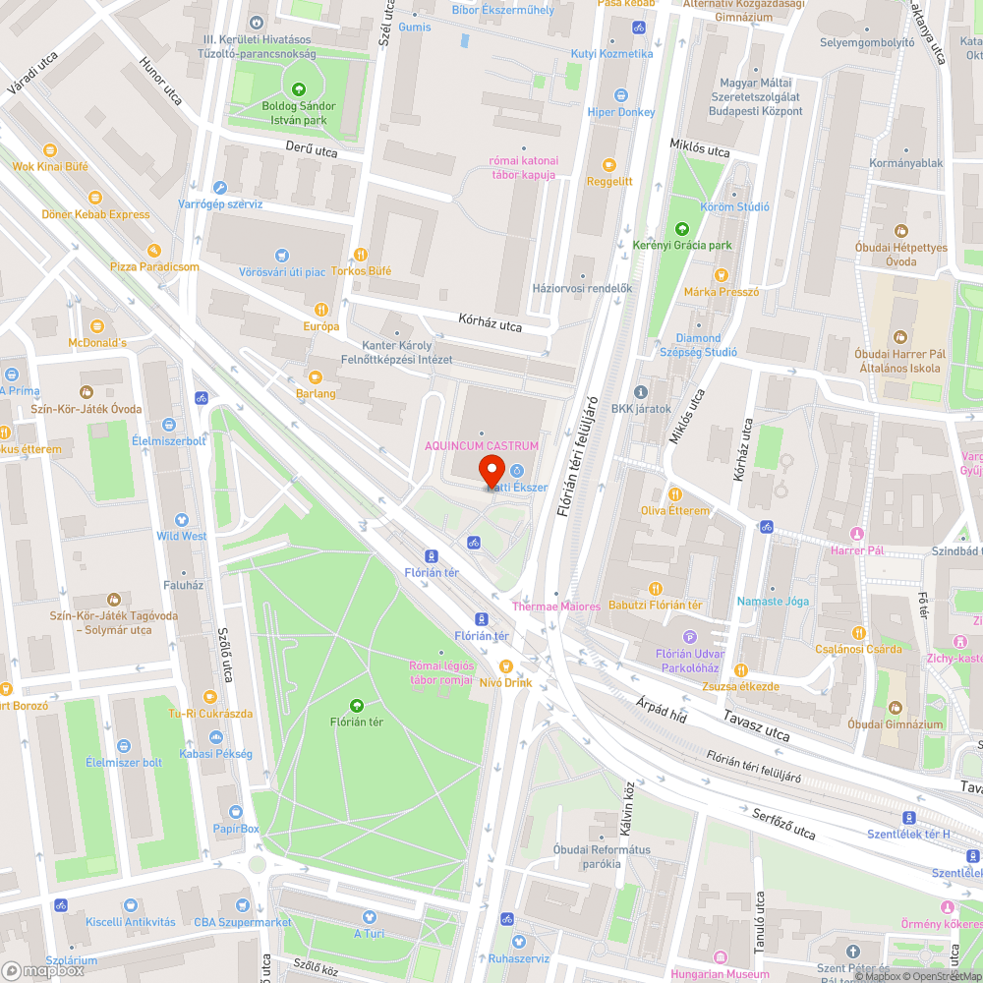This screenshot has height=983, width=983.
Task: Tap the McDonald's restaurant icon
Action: (x=95, y=325)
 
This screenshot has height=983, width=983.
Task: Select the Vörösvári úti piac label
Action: (x=281, y=271)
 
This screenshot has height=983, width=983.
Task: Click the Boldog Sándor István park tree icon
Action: (x=299, y=89)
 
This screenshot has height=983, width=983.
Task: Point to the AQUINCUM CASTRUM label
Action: (x=482, y=446)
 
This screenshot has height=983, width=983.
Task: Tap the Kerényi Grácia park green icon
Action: (x=682, y=228)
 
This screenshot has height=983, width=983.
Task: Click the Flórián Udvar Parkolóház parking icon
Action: (x=689, y=637)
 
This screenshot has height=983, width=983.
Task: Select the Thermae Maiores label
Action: (x=555, y=607)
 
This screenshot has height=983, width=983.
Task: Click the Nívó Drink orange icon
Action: (x=506, y=665)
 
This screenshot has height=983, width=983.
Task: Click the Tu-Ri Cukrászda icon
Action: (x=209, y=697)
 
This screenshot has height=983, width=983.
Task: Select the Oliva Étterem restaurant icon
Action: (x=674, y=493)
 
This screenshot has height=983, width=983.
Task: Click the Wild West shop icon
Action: (x=181, y=519)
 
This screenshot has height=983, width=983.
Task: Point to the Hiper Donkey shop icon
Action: (x=620, y=95)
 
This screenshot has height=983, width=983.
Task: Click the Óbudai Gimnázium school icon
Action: (x=896, y=708)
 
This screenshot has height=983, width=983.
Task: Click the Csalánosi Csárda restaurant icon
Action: (x=858, y=632)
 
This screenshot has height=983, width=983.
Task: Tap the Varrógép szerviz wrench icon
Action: (x=219, y=188)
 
